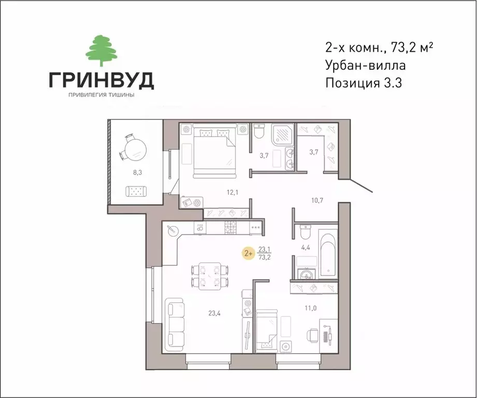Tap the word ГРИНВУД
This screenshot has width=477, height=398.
(x=101, y=80)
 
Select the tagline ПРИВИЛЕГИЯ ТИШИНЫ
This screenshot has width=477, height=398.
(x=101, y=94)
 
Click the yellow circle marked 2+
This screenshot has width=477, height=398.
(x=249, y=253)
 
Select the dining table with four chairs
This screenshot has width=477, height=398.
(x=209, y=275)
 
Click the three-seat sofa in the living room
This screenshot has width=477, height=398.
(x=175, y=323)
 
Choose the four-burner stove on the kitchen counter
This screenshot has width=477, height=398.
(x=230, y=227)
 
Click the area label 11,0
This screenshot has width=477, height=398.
(x=310, y=308)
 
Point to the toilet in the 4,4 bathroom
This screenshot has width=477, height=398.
(x=305, y=230)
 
